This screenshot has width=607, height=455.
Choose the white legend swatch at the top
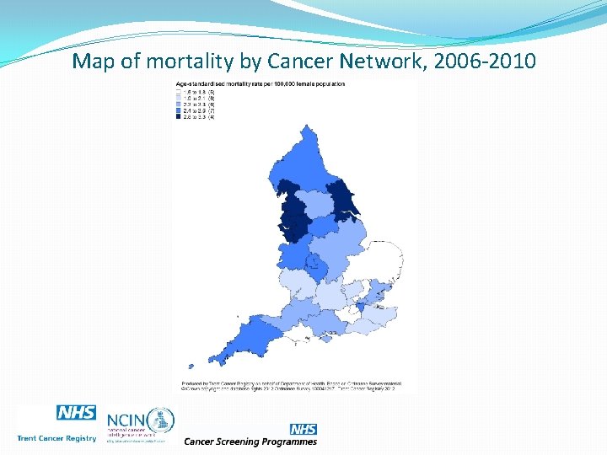[x=178, y=91]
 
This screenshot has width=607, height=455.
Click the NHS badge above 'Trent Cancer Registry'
[x=76, y=413]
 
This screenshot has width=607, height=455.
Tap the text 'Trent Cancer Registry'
[x=56, y=438]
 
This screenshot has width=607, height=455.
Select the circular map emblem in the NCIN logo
[x=161, y=419]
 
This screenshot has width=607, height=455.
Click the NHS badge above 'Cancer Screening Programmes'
[x=303, y=430]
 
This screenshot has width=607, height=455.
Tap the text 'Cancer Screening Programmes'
[x=250, y=442]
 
